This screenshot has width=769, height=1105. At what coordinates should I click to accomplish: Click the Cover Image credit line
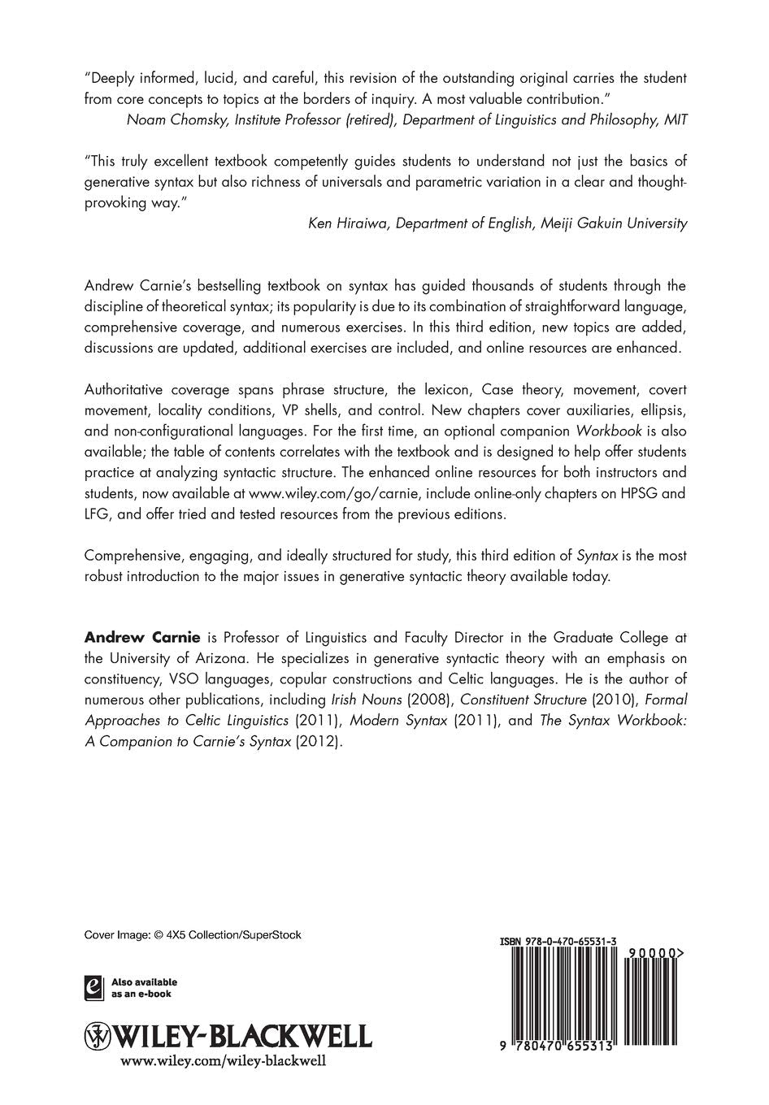193,935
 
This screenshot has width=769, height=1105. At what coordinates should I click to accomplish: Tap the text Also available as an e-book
144,988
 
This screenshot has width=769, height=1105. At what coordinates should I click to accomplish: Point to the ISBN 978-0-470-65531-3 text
558,942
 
